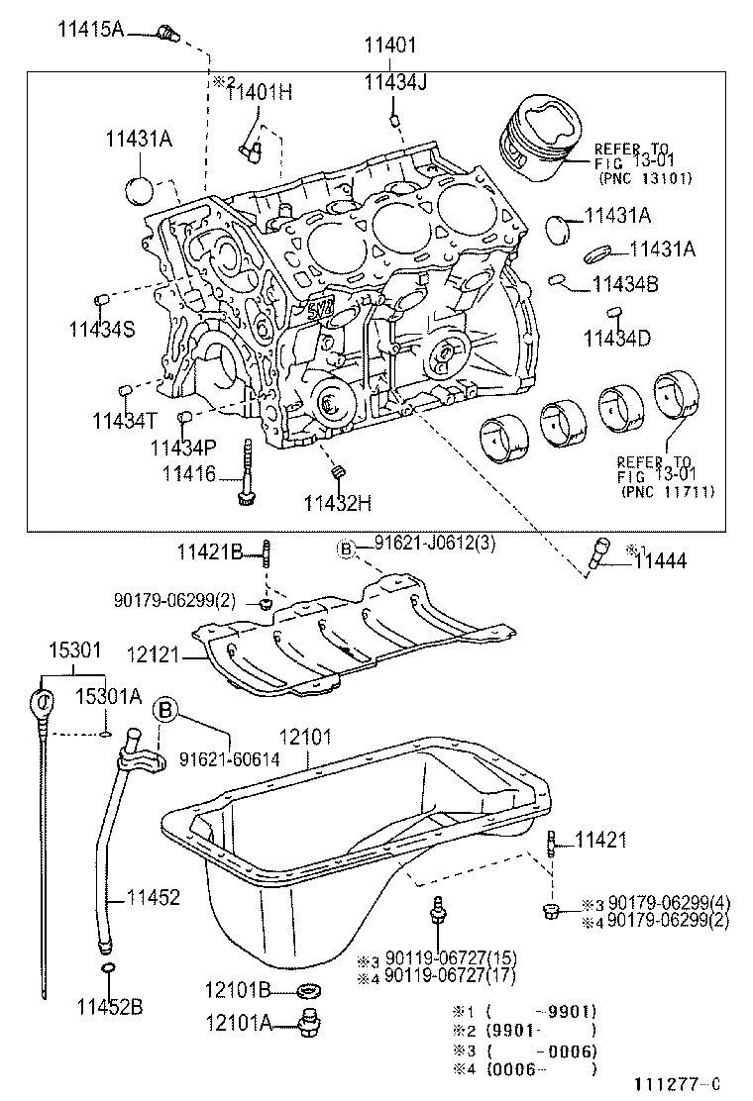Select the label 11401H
(x=260, y=93)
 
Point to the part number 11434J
(x=394, y=82)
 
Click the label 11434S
(x=101, y=329)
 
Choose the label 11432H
(x=338, y=502)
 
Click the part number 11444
(x=660, y=561)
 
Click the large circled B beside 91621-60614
(x=165, y=710)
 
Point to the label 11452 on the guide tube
(x=153, y=898)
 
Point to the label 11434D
(x=616, y=339)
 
